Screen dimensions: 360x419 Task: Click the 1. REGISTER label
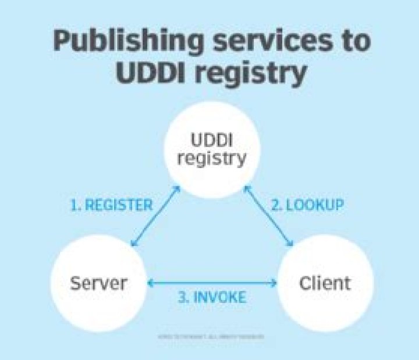111,205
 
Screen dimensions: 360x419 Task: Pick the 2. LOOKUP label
307,205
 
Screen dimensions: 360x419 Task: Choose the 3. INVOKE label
212,297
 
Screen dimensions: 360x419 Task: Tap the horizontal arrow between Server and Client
212,283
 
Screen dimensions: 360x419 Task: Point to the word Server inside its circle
98,283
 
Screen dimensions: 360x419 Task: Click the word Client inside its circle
324,283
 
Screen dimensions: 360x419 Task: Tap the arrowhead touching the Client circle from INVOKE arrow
274,283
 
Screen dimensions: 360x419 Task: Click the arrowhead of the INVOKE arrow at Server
150,283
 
